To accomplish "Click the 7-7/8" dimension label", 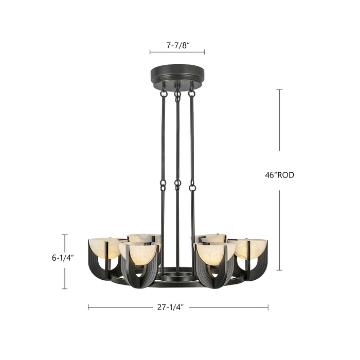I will [x=177, y=45].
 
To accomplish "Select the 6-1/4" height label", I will [x=63, y=258].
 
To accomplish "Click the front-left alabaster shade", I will [x=139, y=254].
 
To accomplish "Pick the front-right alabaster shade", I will [x=214, y=254].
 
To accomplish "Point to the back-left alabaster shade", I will [x=145, y=238].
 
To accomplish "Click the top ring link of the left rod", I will [x=164, y=93].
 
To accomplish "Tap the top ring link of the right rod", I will [x=192, y=93].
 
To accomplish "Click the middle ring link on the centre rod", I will [x=178, y=184].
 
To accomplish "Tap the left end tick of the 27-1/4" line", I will [x=88, y=307].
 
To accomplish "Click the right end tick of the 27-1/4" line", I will [x=268, y=307].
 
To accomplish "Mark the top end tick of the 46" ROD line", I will [x=279, y=90].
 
